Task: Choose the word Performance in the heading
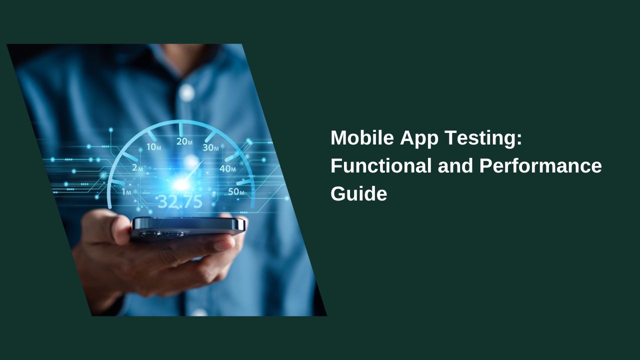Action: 540,166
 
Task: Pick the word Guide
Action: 358,194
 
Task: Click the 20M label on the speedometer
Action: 184,141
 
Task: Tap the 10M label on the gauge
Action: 153,147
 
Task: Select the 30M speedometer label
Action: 210,147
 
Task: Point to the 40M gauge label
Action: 227,169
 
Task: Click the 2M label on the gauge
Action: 137,168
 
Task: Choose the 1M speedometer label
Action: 126,192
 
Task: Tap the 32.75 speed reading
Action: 180,201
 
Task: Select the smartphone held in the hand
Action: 188,226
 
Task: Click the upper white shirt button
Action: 186,92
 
